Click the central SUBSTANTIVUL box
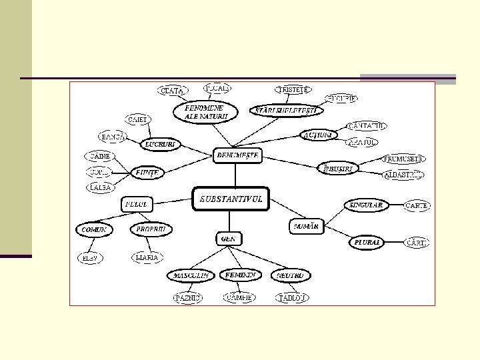pyautogui.click(x=230, y=199)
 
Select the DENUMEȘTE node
pyautogui.click(x=237, y=155)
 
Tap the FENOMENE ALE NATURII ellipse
pyautogui.click(x=205, y=111)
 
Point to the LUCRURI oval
pyautogui.click(x=161, y=143)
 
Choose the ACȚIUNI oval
pyautogui.click(x=317, y=135)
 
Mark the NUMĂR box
pyautogui.click(x=306, y=227)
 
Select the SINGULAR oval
pyautogui.click(x=366, y=205)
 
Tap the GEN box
pyautogui.click(x=229, y=238)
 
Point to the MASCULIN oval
pyautogui.click(x=190, y=275)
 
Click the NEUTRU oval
pyautogui.click(x=291, y=275)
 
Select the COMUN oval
pyautogui.click(x=94, y=229)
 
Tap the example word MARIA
pyautogui.click(x=147, y=257)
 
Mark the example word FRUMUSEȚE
pyautogui.click(x=404, y=159)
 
